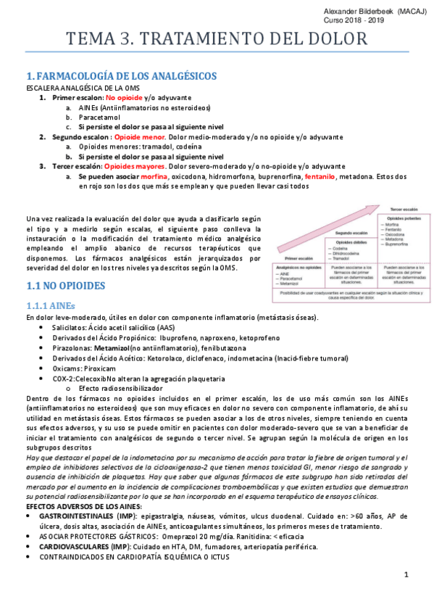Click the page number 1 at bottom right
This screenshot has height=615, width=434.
coord(406,575)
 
